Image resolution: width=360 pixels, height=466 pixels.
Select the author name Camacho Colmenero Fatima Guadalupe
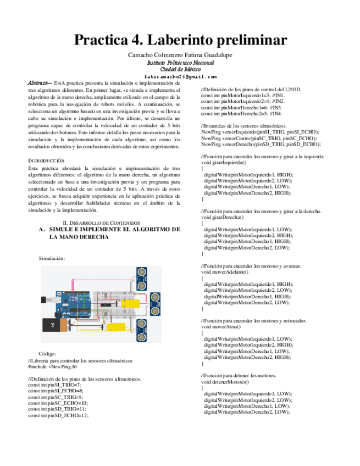(x=180, y=56)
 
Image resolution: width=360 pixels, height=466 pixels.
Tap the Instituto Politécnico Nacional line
(x=180, y=63)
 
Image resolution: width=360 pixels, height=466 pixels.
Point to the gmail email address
(x=180, y=77)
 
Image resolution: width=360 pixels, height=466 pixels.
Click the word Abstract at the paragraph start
(x=38, y=82)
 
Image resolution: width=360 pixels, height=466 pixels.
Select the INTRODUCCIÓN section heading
(x=46, y=160)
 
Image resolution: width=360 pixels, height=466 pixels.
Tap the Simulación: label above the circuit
(x=52, y=258)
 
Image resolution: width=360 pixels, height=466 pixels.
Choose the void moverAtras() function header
(x=221, y=326)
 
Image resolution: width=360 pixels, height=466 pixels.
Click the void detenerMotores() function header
(x=225, y=381)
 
